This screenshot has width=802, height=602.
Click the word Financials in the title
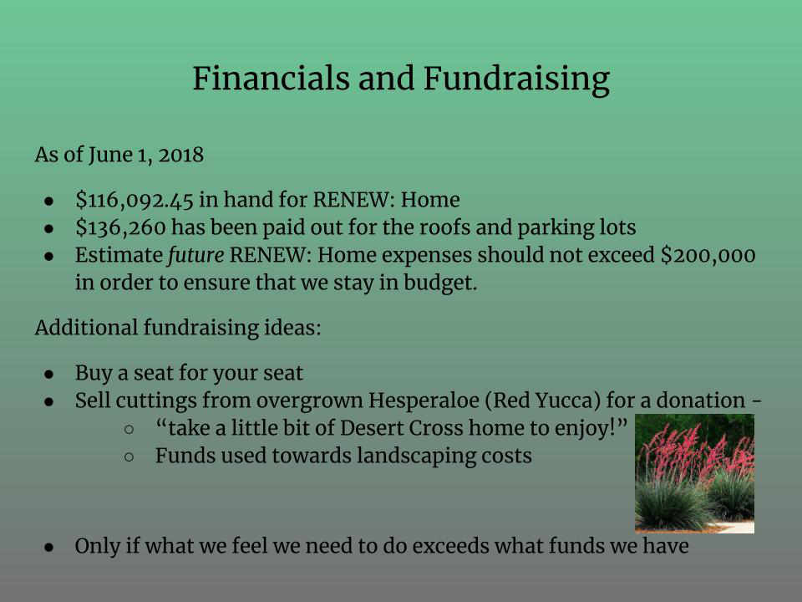point(271,79)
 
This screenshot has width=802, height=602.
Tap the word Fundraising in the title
point(516,80)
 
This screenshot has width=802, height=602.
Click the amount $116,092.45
point(135,200)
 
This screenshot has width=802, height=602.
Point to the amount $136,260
point(120,227)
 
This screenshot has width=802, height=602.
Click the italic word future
point(195,255)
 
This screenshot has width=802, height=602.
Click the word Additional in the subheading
point(86,327)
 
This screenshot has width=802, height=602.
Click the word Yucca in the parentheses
point(568,400)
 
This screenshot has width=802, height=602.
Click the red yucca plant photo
point(694,473)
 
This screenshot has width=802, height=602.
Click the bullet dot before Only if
point(49,548)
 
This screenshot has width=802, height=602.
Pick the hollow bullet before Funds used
point(129,457)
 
